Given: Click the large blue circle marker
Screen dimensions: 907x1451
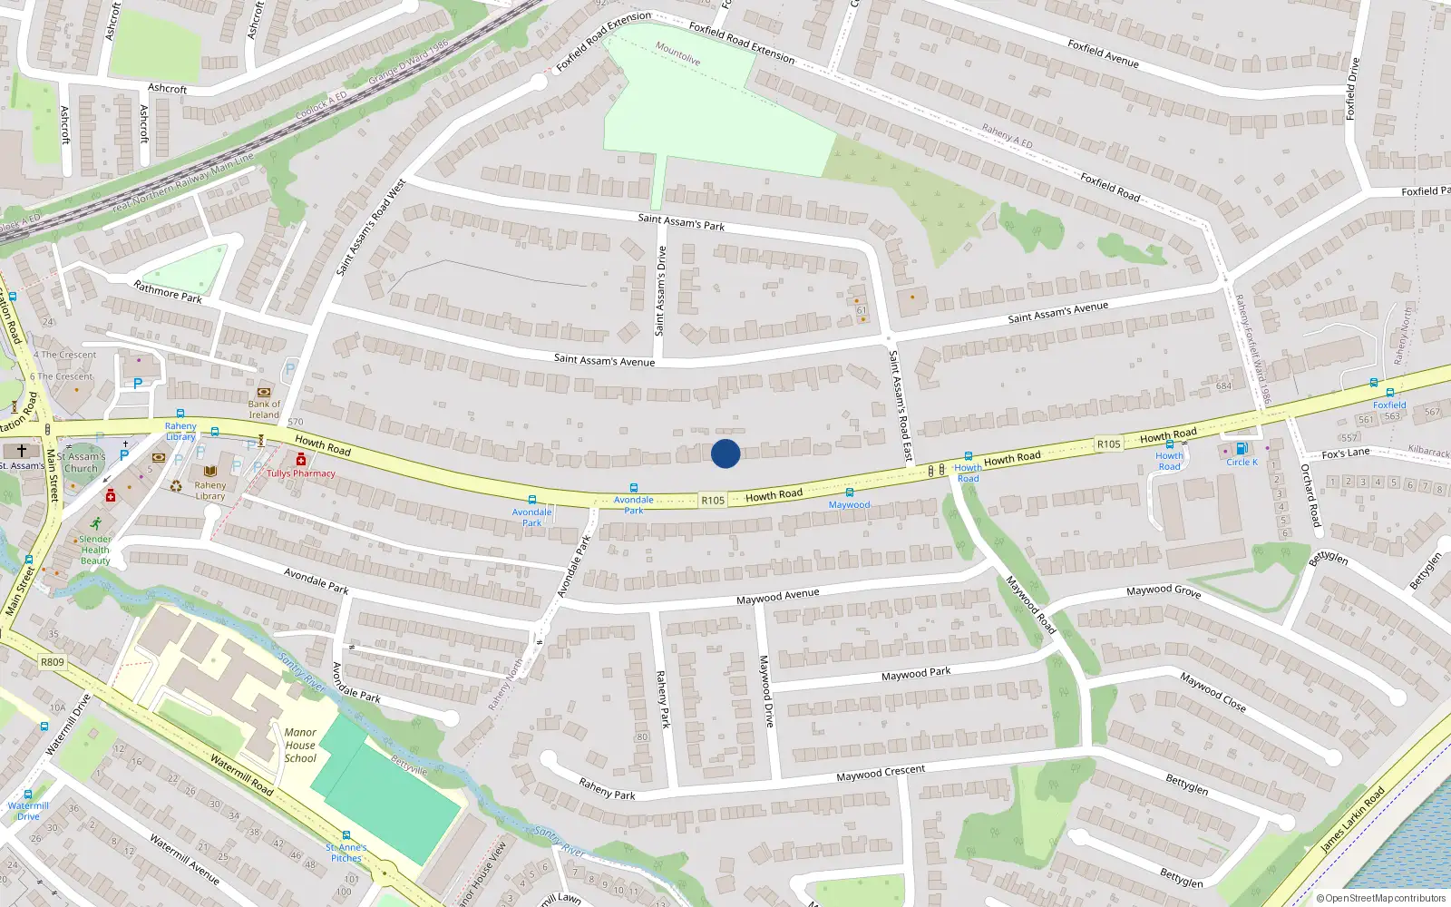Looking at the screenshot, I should [x=725, y=453].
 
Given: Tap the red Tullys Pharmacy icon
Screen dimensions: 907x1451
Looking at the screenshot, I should [x=301, y=460].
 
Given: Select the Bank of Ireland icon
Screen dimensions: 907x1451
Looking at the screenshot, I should [x=264, y=393].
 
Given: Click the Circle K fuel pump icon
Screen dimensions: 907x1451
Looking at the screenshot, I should [x=1242, y=448].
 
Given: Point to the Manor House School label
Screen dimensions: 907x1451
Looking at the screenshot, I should [x=300, y=746].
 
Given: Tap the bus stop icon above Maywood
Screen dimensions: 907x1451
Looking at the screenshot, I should [x=850, y=493].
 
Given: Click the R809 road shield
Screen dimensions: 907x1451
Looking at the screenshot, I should [x=53, y=662].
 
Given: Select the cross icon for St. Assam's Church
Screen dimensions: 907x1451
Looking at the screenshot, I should [x=22, y=451].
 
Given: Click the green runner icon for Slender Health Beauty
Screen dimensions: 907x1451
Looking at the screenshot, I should [x=95, y=523].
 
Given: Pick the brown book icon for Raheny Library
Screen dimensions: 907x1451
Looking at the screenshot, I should [x=210, y=472].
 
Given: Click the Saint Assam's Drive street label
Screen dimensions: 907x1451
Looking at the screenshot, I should [x=661, y=290].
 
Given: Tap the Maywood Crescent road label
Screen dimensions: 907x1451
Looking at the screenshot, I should [x=881, y=774].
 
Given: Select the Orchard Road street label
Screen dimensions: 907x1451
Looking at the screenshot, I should [x=1311, y=496].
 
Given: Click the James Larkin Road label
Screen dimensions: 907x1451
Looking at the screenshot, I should [x=1352, y=820].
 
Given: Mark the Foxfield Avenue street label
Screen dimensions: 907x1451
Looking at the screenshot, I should [x=1103, y=54].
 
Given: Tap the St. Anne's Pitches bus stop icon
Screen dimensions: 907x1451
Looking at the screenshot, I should [x=346, y=835].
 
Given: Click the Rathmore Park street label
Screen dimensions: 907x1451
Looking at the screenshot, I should [x=168, y=292].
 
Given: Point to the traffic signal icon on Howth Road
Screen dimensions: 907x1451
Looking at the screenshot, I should [x=936, y=471].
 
